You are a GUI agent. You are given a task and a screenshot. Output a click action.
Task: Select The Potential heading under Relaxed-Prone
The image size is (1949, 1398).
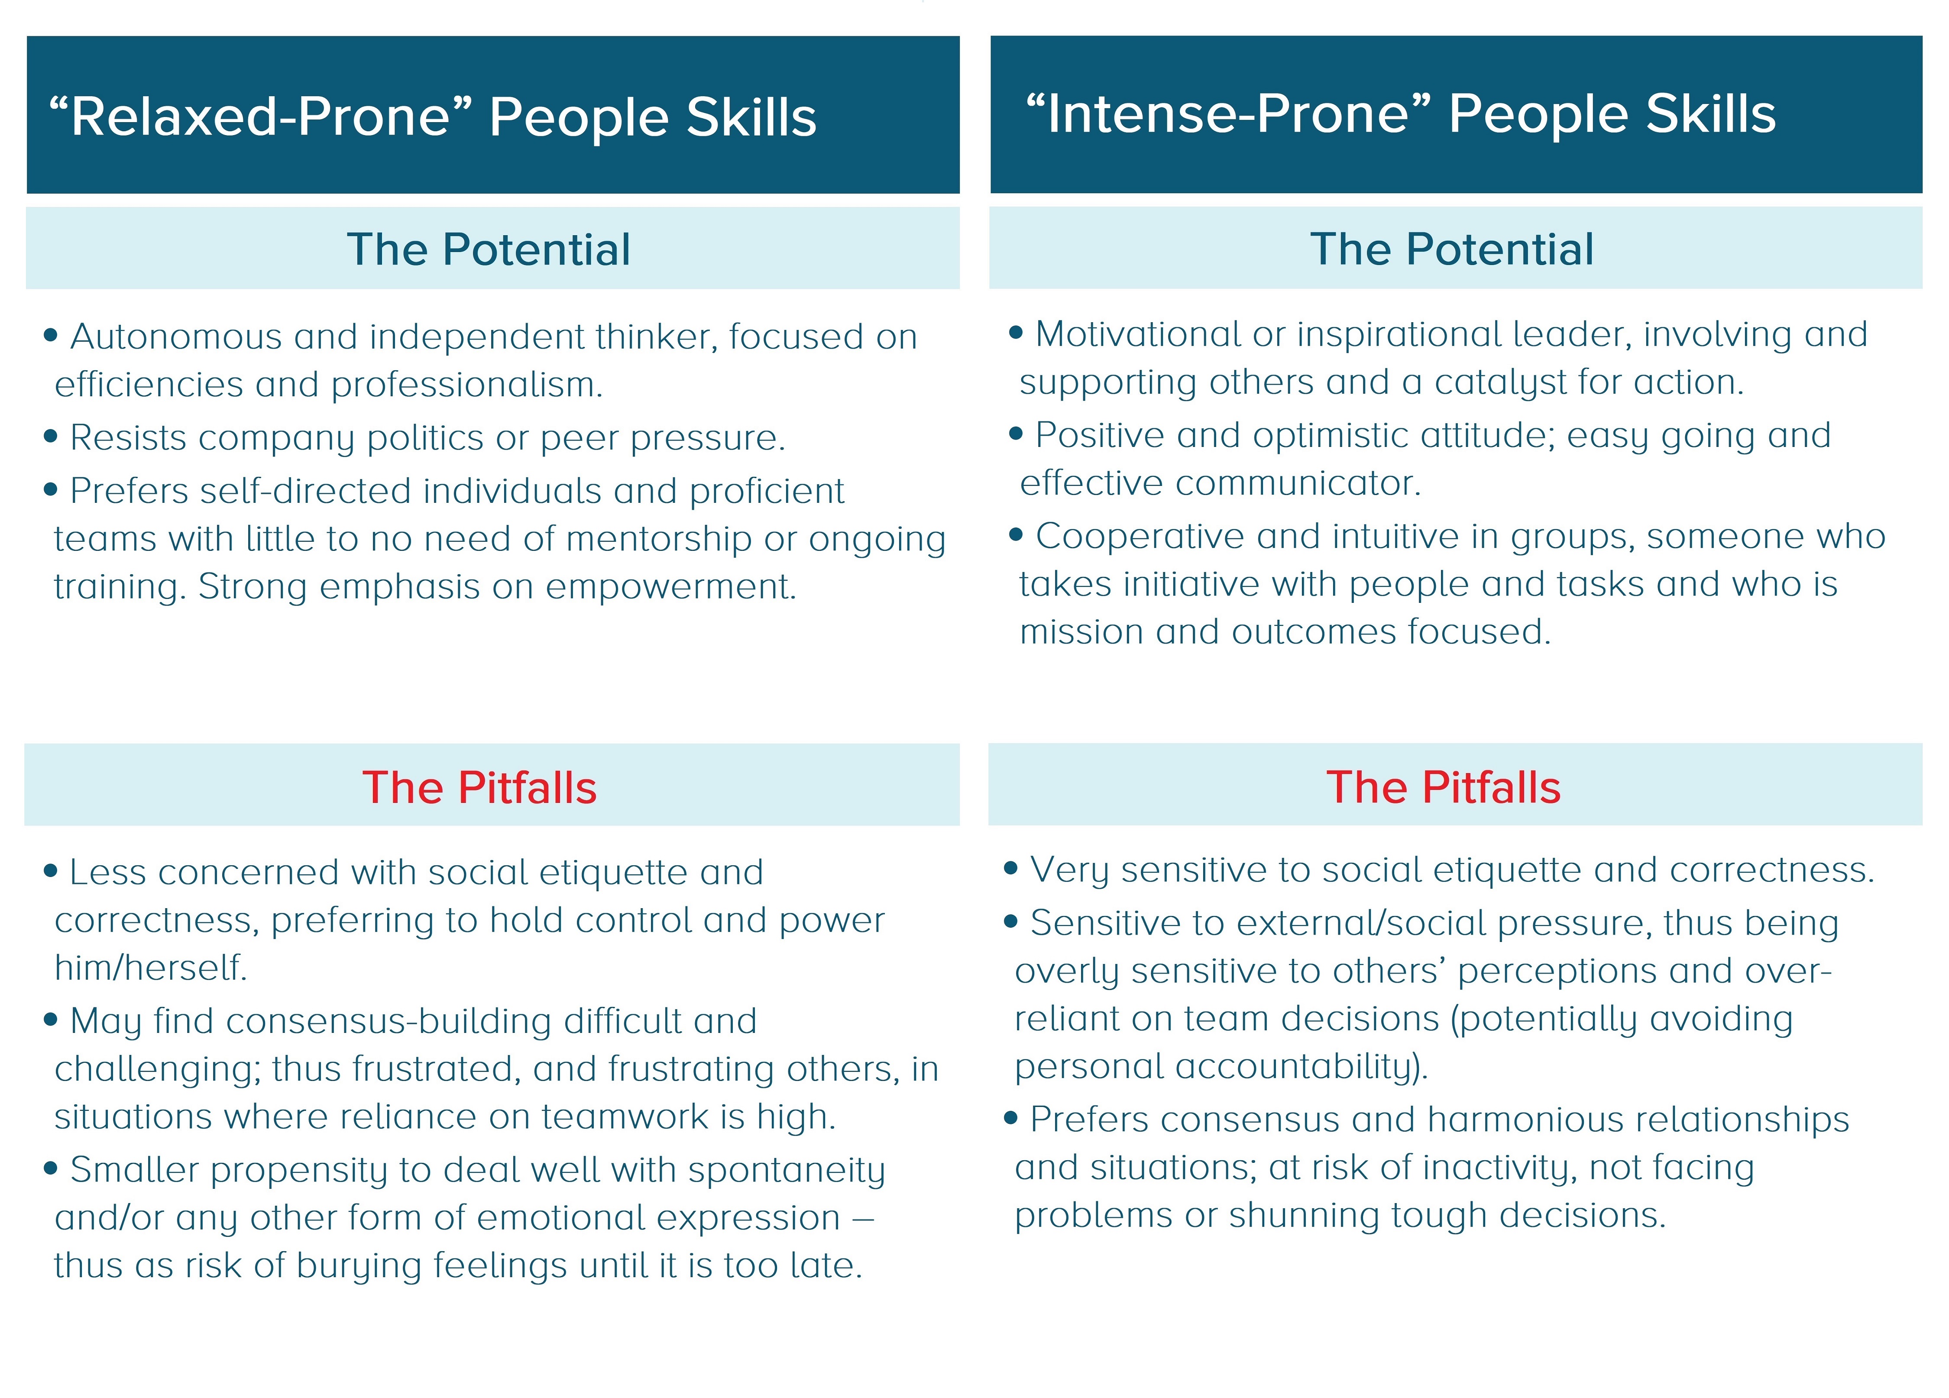488,250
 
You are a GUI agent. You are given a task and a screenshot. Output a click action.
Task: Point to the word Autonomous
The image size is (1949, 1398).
175,337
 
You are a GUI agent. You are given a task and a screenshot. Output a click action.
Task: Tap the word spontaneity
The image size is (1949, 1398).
786,1170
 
